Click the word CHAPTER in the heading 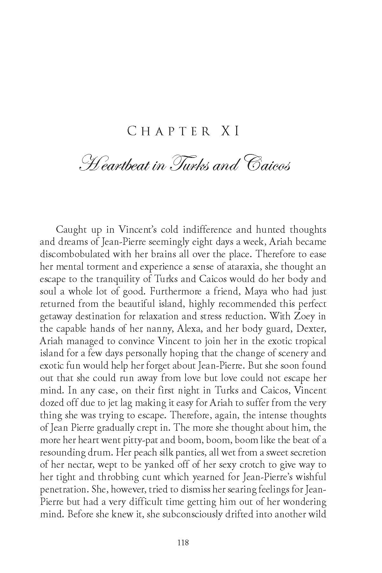[168, 131]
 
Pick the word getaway [57, 316]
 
